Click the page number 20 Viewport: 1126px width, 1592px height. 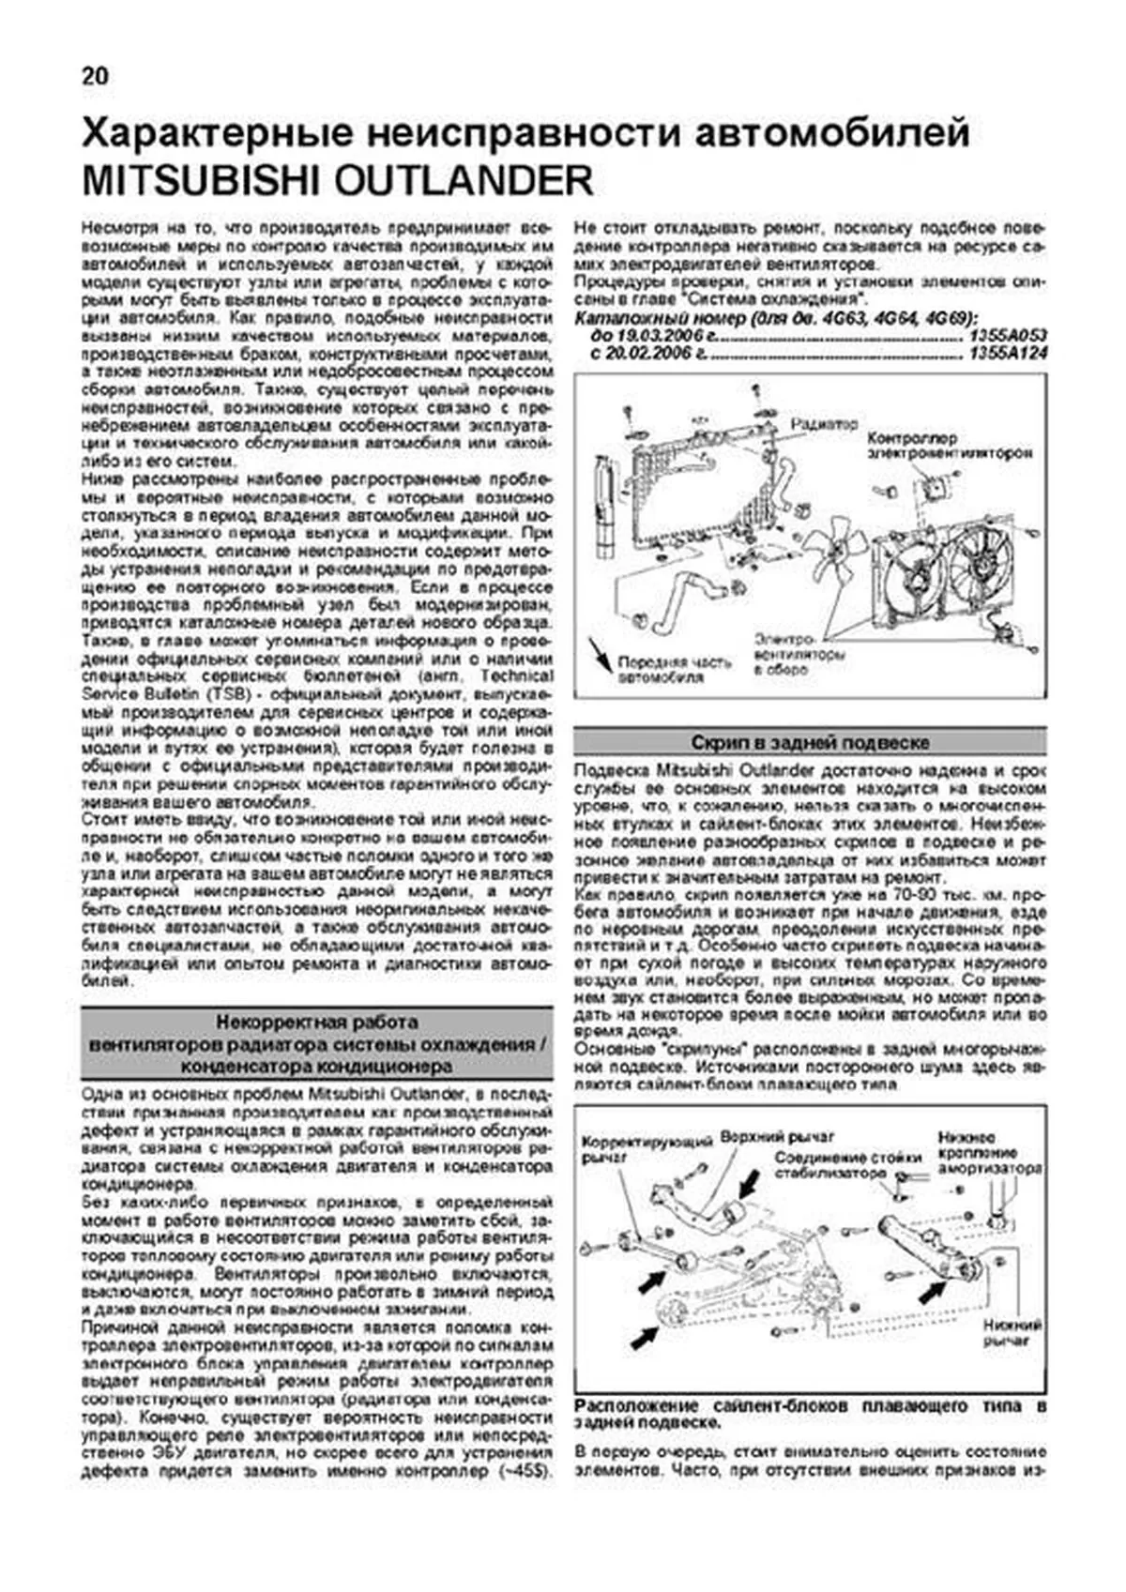[x=95, y=76]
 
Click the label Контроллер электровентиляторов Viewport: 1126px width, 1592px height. [x=948, y=446]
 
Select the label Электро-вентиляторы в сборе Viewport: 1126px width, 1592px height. [x=798, y=654]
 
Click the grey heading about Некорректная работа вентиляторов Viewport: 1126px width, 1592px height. [x=316, y=1044]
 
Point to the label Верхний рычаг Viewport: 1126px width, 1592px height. [x=777, y=1137]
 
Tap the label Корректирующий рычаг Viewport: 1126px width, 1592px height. [x=647, y=1149]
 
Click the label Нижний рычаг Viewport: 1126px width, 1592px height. [x=1013, y=1334]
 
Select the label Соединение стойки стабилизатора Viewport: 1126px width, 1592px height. [x=830, y=1166]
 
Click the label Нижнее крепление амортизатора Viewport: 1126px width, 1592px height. [x=990, y=1153]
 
